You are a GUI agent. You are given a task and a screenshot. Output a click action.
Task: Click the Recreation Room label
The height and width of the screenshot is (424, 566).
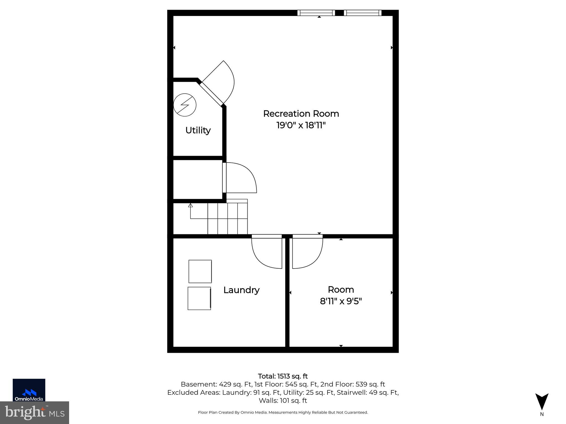pyautogui.click(x=301, y=113)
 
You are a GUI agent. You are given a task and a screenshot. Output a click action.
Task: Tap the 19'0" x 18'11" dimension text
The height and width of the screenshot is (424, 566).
pyautogui.click(x=301, y=125)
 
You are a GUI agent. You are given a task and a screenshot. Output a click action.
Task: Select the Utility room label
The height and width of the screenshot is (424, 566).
pyautogui.click(x=198, y=130)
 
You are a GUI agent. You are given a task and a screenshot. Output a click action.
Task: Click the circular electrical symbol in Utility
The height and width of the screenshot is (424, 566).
pyautogui.click(x=185, y=105)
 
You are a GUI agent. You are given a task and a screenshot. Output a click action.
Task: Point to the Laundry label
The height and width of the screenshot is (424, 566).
pyautogui.click(x=241, y=290)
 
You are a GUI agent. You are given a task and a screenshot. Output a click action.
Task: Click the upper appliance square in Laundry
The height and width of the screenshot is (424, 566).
pyautogui.click(x=200, y=271)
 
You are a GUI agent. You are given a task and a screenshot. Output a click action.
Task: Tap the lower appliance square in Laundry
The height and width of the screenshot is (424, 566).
pyautogui.click(x=199, y=298)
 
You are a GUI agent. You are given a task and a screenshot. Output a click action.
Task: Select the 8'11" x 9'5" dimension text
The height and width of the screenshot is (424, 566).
pyautogui.click(x=341, y=301)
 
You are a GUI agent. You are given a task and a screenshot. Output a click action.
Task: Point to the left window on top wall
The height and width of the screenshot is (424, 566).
pyautogui.click(x=316, y=13)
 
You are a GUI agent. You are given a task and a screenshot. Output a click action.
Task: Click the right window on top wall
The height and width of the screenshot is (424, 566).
pyautogui.click(x=363, y=13)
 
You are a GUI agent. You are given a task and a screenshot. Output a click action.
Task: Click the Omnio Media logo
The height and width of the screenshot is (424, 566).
pyautogui.click(x=29, y=390)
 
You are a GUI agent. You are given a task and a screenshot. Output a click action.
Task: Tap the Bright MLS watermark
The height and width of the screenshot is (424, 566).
pyautogui.click(x=35, y=413)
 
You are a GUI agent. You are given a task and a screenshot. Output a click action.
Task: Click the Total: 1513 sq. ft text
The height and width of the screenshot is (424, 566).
pyautogui.click(x=283, y=376)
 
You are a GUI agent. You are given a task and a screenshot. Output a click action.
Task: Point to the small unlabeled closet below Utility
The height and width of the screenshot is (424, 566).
pyautogui.click(x=198, y=179)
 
